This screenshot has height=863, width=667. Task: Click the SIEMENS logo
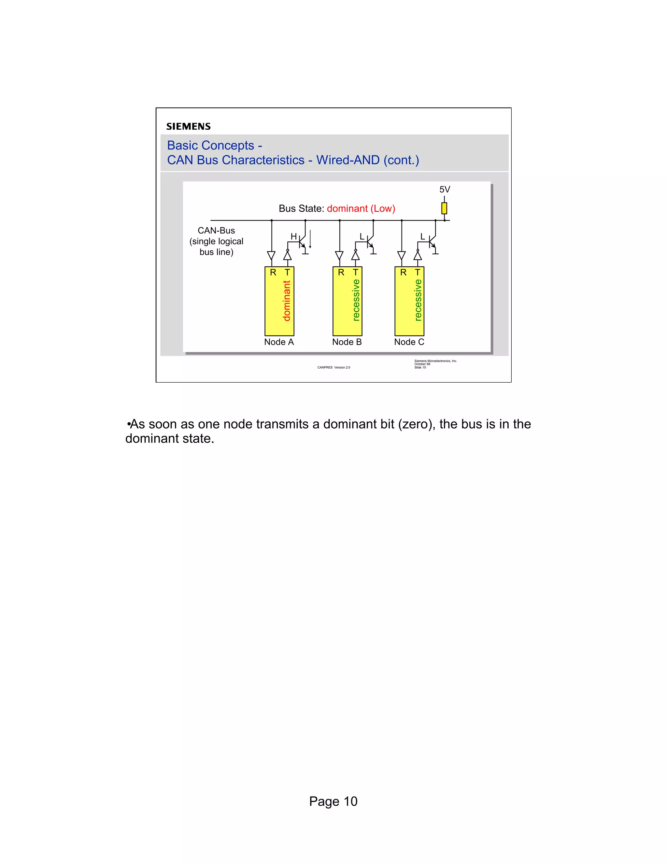[x=188, y=126]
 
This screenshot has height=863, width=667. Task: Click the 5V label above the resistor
[x=445, y=190]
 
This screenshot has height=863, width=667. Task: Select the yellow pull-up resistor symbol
[x=444, y=208]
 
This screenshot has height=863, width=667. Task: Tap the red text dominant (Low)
[x=361, y=209]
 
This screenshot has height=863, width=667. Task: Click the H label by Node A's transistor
[x=293, y=236]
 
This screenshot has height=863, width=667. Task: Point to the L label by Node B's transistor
[x=362, y=236]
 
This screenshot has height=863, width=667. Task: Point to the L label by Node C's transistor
[x=422, y=236]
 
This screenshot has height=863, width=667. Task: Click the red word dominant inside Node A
[x=287, y=301]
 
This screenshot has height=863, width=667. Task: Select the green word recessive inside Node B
[x=356, y=300]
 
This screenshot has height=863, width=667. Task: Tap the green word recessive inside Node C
[x=418, y=300]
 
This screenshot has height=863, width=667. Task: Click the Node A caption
[x=279, y=342]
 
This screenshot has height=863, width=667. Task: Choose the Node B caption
[x=347, y=342]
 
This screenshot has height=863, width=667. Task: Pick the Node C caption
[x=409, y=342]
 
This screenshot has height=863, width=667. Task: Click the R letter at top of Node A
[x=273, y=273]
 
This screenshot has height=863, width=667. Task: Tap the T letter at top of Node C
[x=417, y=273]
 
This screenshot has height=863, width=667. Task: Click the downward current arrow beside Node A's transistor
[x=310, y=239]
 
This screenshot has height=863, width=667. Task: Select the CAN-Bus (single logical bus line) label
[x=216, y=241]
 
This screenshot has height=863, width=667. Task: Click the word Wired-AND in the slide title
[x=348, y=160]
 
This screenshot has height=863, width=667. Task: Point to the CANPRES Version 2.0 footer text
[x=333, y=367]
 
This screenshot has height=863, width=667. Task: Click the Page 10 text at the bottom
[x=333, y=801]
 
